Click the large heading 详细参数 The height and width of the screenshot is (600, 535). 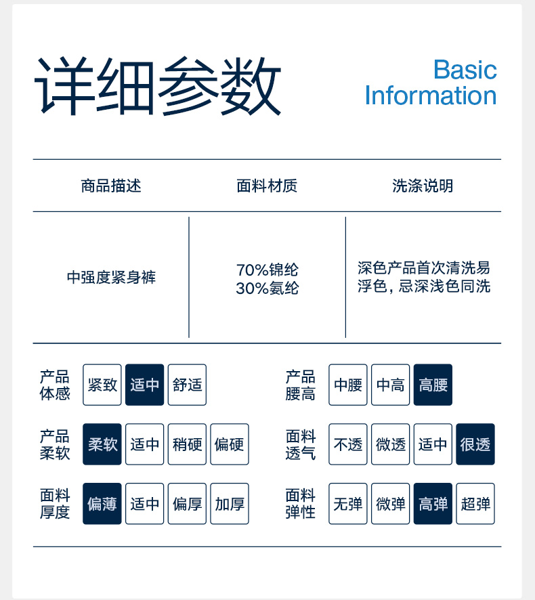(x=158, y=87)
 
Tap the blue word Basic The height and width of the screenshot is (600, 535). (x=465, y=70)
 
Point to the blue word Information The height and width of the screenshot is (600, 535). (x=431, y=95)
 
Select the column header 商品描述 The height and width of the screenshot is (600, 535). (x=111, y=186)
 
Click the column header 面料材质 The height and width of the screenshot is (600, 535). (x=267, y=186)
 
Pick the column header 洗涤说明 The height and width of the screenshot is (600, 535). (x=423, y=186)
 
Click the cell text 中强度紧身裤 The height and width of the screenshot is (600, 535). (x=111, y=277)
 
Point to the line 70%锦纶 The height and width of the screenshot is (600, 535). (x=267, y=270)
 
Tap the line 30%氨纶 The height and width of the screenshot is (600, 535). (x=267, y=288)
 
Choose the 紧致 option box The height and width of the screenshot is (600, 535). (x=102, y=385)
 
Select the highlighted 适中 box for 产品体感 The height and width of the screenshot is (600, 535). (x=144, y=385)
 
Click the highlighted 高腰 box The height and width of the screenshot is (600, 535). (x=433, y=385)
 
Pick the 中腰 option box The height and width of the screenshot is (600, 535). (x=348, y=385)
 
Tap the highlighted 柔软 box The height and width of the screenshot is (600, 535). (x=102, y=444)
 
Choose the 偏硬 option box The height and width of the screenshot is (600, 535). (x=230, y=444)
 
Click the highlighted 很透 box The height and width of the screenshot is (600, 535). (x=475, y=444)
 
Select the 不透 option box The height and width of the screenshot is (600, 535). (x=348, y=444)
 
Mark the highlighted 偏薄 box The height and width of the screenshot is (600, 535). (x=102, y=504)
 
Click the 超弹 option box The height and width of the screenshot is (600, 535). (x=475, y=504)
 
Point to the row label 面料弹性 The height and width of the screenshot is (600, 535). (x=300, y=504)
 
